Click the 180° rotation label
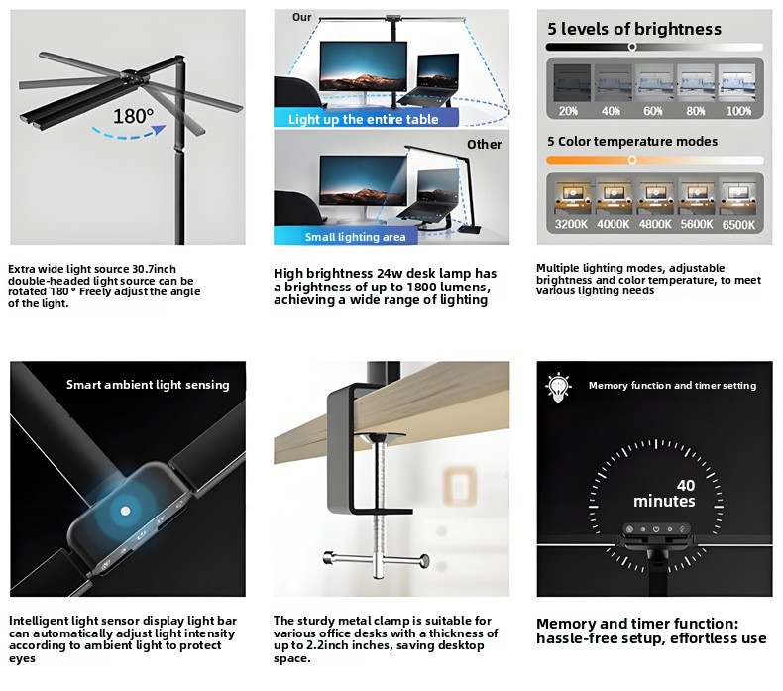pyautogui.click(x=134, y=116)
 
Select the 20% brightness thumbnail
pyautogui.click(x=572, y=83)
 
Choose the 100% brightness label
pyautogui.click(x=738, y=111)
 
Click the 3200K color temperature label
pyautogui.click(x=571, y=224)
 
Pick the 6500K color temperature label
pyautogui.click(x=738, y=225)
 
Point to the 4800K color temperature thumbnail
pyautogui.click(x=655, y=198)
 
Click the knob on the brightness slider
pyautogui.click(x=632, y=47)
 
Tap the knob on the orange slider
pyautogui.click(x=632, y=160)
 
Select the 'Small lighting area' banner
pyautogui.click(x=346, y=236)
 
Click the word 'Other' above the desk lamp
pyautogui.click(x=484, y=145)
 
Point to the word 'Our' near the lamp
pyautogui.click(x=301, y=17)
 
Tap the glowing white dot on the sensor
pyautogui.click(x=125, y=511)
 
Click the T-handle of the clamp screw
pyautogui.click(x=376, y=559)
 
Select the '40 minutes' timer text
pyautogui.click(x=665, y=493)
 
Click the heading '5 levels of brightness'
pyautogui.click(x=634, y=29)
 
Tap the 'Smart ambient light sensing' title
pyautogui.click(x=148, y=385)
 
